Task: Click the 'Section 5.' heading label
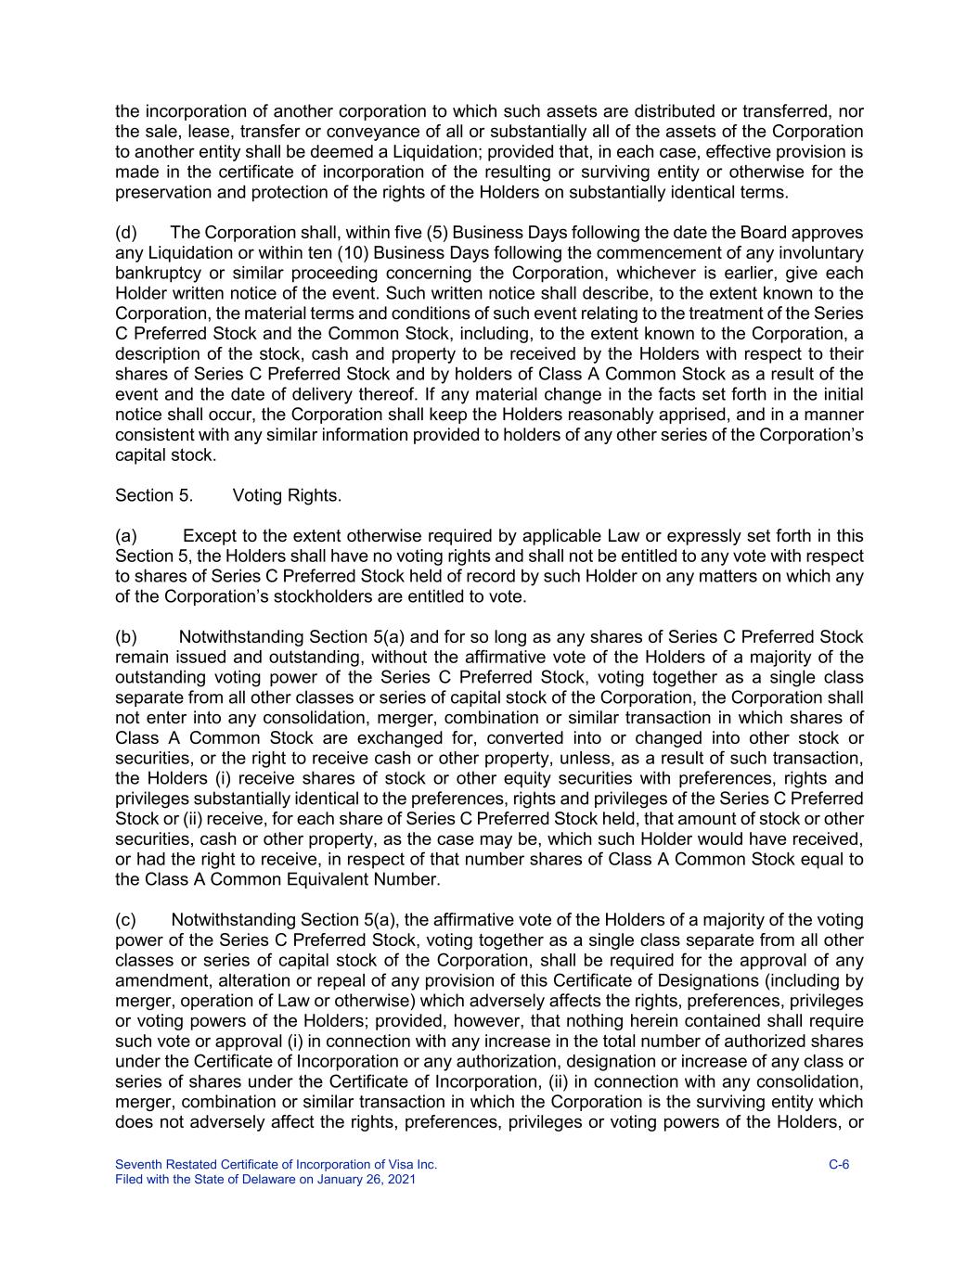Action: click(x=154, y=495)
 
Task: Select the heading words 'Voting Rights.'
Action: click(x=287, y=495)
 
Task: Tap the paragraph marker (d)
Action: click(x=126, y=233)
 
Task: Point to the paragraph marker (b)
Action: click(x=126, y=637)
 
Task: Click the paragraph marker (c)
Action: click(x=126, y=920)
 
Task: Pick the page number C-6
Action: click(x=839, y=1165)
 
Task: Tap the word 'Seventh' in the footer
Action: click(x=138, y=1165)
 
